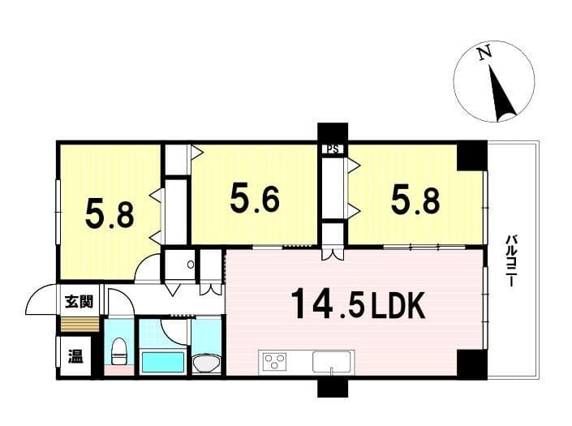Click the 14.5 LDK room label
click(x=358, y=303)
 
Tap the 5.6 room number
click(x=255, y=199)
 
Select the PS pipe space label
click(x=333, y=148)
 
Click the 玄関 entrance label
click(x=80, y=302)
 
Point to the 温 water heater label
click(x=76, y=356)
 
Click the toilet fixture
click(x=118, y=351)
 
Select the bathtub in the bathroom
click(x=162, y=361)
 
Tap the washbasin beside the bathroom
click(x=206, y=363)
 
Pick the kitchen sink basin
click(x=332, y=361)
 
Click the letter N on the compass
click(x=485, y=54)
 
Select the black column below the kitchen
click(x=333, y=388)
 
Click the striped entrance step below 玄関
click(x=80, y=325)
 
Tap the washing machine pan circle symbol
click(x=191, y=264)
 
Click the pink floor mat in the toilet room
click(x=119, y=370)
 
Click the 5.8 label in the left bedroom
click(x=110, y=214)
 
